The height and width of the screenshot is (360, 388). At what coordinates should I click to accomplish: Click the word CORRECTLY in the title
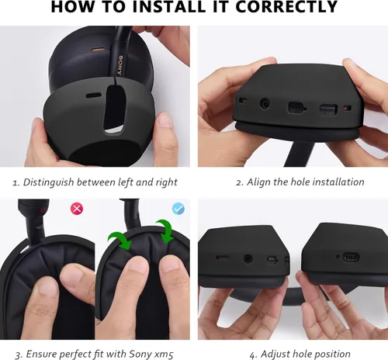(x=286, y=6)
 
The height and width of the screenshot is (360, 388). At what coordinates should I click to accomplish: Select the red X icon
(x=77, y=209)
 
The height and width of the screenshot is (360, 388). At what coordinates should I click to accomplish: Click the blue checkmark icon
(x=178, y=209)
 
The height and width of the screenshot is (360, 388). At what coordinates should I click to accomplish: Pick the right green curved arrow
(x=165, y=230)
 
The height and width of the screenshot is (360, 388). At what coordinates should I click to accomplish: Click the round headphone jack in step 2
(x=265, y=104)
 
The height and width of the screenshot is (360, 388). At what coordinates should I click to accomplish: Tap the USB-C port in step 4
(x=351, y=258)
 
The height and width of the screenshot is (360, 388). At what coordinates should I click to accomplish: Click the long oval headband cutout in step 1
(x=114, y=109)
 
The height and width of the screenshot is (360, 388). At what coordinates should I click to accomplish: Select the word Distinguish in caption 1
(x=48, y=182)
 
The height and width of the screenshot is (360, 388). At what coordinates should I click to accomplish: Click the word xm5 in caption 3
(x=164, y=354)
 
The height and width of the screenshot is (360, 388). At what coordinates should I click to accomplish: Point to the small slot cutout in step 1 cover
(x=94, y=95)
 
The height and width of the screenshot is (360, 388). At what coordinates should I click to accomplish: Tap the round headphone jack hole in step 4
(x=248, y=258)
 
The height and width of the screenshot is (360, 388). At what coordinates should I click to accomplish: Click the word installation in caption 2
(x=338, y=182)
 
